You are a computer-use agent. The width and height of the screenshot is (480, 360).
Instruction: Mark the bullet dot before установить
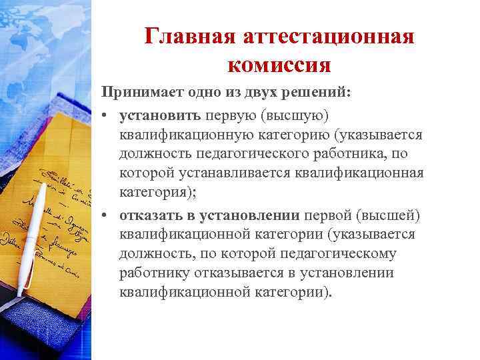(x=105, y=117)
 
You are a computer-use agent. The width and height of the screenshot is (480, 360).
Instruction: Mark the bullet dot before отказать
(x=105, y=215)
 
